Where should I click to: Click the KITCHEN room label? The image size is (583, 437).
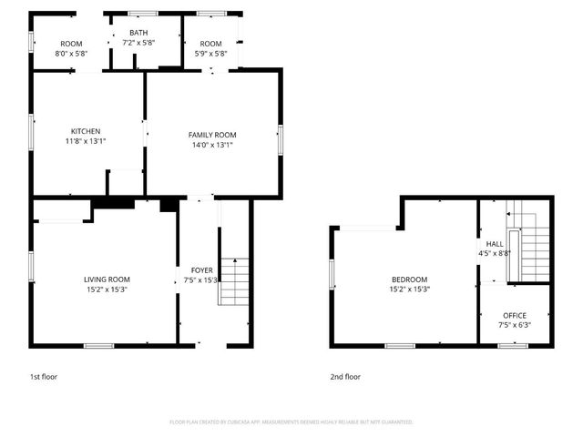(x=86, y=131)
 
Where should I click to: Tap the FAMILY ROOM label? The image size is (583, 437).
(x=212, y=135)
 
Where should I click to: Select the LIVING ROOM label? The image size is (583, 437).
(x=107, y=279)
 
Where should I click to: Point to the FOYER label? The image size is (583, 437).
(x=200, y=270)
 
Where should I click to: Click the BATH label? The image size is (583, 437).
(x=138, y=33)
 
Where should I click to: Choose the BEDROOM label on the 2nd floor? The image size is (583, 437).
(x=409, y=279)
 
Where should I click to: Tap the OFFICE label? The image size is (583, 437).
(x=515, y=315)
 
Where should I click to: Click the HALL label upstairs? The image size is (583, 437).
(x=495, y=244)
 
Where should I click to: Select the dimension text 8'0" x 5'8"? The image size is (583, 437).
(x=71, y=54)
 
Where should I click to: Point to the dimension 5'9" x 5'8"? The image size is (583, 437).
(x=210, y=54)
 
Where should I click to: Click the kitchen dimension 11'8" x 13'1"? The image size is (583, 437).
(x=86, y=141)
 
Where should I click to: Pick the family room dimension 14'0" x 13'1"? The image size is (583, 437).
(x=212, y=145)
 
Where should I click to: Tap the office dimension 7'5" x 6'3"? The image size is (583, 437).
(x=515, y=325)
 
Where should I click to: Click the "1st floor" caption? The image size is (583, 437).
(x=44, y=376)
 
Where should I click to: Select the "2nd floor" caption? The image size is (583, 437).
(x=345, y=376)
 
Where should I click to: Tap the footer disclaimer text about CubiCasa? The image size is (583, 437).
(x=291, y=422)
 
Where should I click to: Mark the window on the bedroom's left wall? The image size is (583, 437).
(x=332, y=273)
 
